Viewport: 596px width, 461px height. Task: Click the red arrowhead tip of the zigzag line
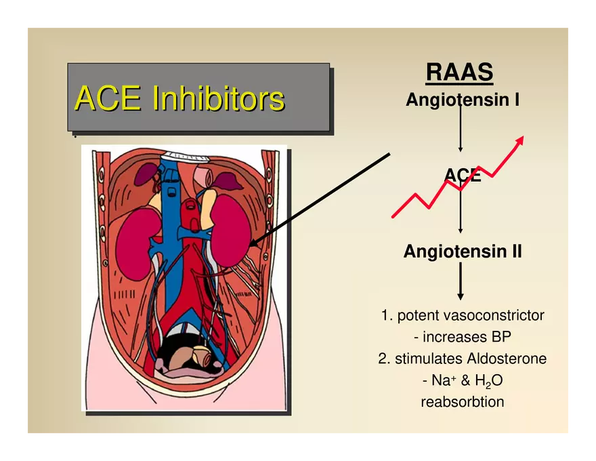click(524, 136)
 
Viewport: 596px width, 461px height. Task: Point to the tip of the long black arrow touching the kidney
click(249, 245)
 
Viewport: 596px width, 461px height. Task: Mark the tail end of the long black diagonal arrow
click(390, 154)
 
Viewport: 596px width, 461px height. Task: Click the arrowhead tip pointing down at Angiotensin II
click(461, 233)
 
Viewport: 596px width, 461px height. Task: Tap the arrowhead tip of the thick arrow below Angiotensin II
click(461, 300)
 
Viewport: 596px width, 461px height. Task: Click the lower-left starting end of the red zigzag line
click(392, 217)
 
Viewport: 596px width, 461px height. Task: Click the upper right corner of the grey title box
click(330, 64)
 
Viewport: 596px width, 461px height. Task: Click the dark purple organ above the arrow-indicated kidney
click(228, 180)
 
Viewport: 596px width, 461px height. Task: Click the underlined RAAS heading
click(460, 72)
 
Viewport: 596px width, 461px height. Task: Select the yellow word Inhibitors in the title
click(219, 98)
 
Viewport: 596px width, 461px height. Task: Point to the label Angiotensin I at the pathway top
click(463, 100)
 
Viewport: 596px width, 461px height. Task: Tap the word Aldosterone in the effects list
click(507, 359)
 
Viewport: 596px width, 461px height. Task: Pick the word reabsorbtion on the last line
click(463, 401)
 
